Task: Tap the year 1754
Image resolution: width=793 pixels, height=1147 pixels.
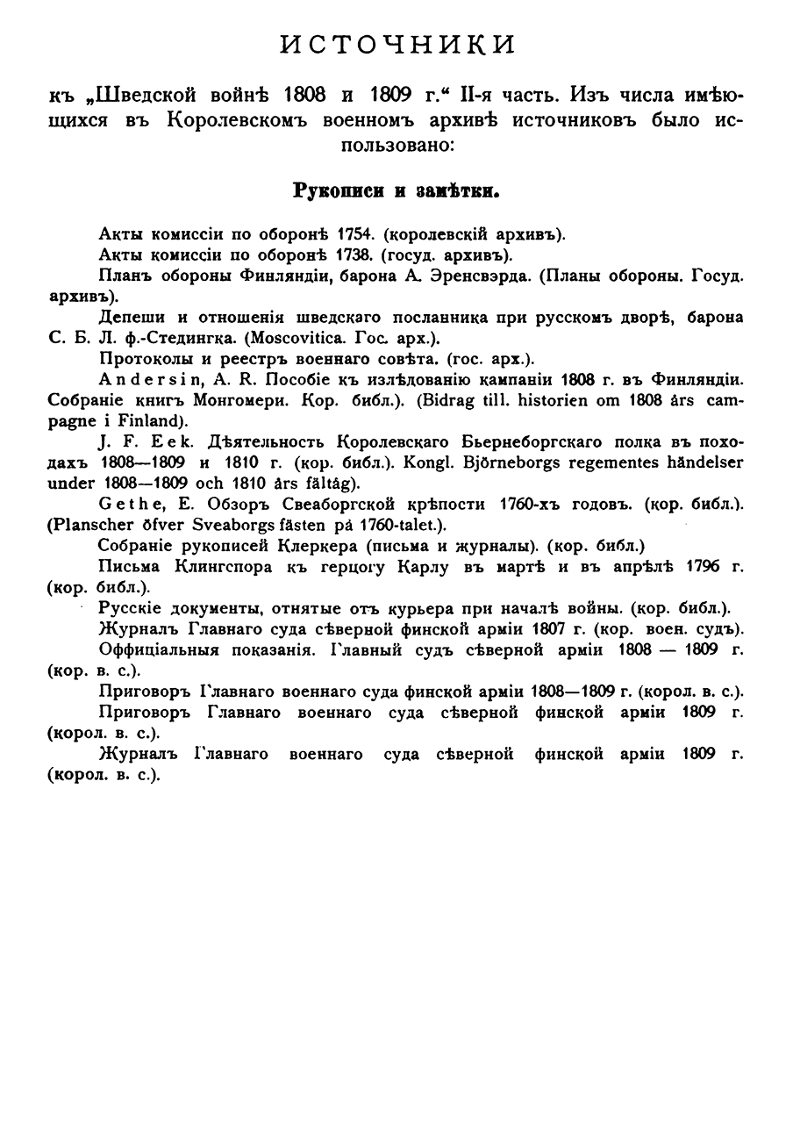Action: coord(333,234)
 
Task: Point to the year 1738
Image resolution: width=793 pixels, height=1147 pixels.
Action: coord(333,254)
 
